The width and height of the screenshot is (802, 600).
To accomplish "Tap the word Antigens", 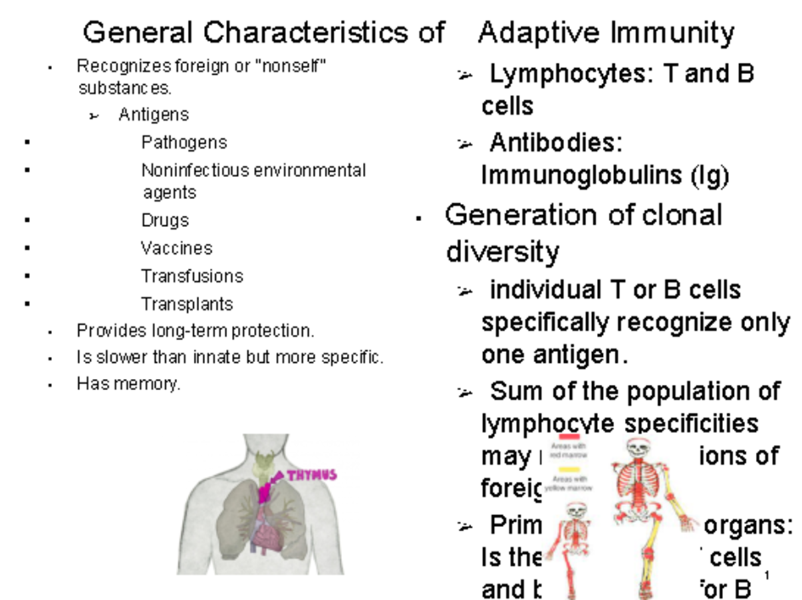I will (154, 115).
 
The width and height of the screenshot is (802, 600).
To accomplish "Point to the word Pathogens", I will (184, 142).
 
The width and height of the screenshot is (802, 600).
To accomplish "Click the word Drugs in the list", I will (165, 220).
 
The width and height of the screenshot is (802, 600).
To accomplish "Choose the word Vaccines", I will (176, 249).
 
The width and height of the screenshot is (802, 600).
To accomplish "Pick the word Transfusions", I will (192, 276).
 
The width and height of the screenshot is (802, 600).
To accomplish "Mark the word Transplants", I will (187, 304).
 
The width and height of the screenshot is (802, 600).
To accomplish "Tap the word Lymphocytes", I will (568, 73).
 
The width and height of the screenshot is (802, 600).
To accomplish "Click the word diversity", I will (502, 253).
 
